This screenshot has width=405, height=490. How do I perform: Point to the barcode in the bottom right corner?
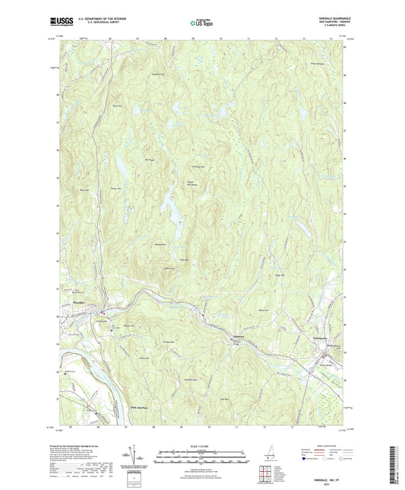(397, 463)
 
